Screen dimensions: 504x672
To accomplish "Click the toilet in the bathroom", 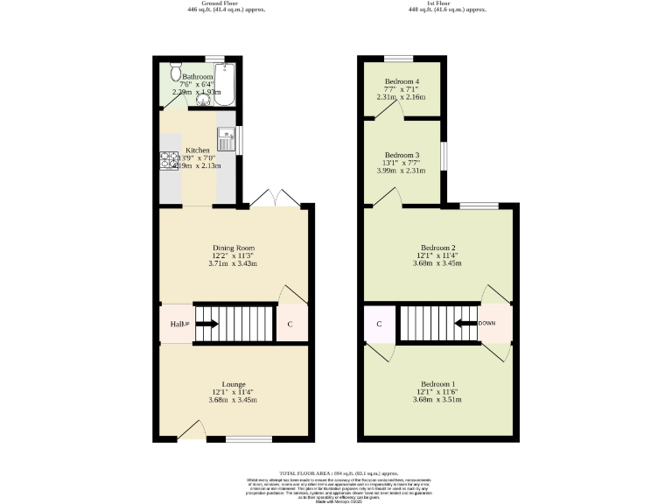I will pyautogui.click(x=173, y=69).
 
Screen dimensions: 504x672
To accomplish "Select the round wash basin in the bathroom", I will pyautogui.click(x=204, y=100).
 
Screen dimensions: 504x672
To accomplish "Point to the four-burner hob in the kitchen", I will pyautogui.click(x=168, y=161).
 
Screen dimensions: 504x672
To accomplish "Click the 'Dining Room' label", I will pyautogui.click(x=233, y=248).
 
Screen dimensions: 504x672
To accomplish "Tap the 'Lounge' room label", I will pyautogui.click(x=233, y=384).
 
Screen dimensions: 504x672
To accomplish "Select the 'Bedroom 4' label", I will pyautogui.click(x=402, y=80).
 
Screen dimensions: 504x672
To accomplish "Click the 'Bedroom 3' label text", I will pyautogui.click(x=402, y=155).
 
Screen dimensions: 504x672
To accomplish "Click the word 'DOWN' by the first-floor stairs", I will pyautogui.click(x=486, y=323).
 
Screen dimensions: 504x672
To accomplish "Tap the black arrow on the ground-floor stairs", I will pyautogui.click(x=206, y=324).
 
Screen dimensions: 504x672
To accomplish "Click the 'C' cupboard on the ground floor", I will pyautogui.click(x=290, y=325).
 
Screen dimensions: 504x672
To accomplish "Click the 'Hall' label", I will pyautogui.click(x=174, y=325).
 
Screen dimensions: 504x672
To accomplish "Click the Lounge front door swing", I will pyautogui.click(x=192, y=429).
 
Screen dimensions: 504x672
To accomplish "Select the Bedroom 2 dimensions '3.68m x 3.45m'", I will pyautogui.click(x=439, y=263).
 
